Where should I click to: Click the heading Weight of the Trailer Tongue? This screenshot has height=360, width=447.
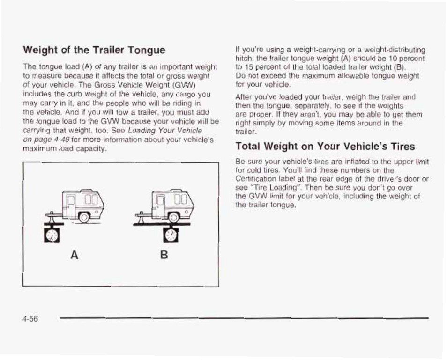(x=94, y=50)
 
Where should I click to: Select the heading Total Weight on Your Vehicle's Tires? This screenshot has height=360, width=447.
(x=325, y=147)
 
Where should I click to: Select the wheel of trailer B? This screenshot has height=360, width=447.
(x=172, y=217)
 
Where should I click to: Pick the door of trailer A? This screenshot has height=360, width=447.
(x=71, y=206)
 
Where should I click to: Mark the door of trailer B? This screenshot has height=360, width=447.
(x=160, y=206)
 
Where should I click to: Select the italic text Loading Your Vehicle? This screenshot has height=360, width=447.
(x=165, y=130)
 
